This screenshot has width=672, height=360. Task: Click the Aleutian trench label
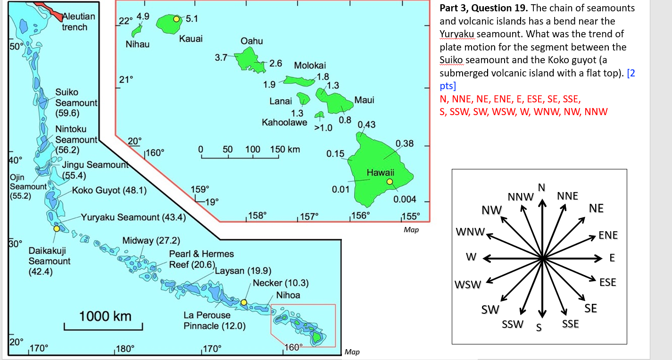(x=78, y=22)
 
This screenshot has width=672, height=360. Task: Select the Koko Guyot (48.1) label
(x=109, y=191)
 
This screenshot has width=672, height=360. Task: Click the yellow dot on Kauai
(x=176, y=19)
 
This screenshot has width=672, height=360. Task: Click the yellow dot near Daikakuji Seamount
(x=57, y=228)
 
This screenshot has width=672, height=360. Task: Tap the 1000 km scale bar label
(x=105, y=316)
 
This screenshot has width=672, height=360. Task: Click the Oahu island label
(x=252, y=42)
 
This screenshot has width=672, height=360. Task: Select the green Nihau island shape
(x=137, y=31)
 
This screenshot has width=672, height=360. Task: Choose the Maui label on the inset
(x=364, y=100)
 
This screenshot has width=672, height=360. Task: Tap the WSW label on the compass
(x=467, y=285)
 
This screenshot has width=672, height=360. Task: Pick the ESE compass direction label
(x=607, y=282)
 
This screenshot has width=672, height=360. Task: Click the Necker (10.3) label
(x=281, y=283)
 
